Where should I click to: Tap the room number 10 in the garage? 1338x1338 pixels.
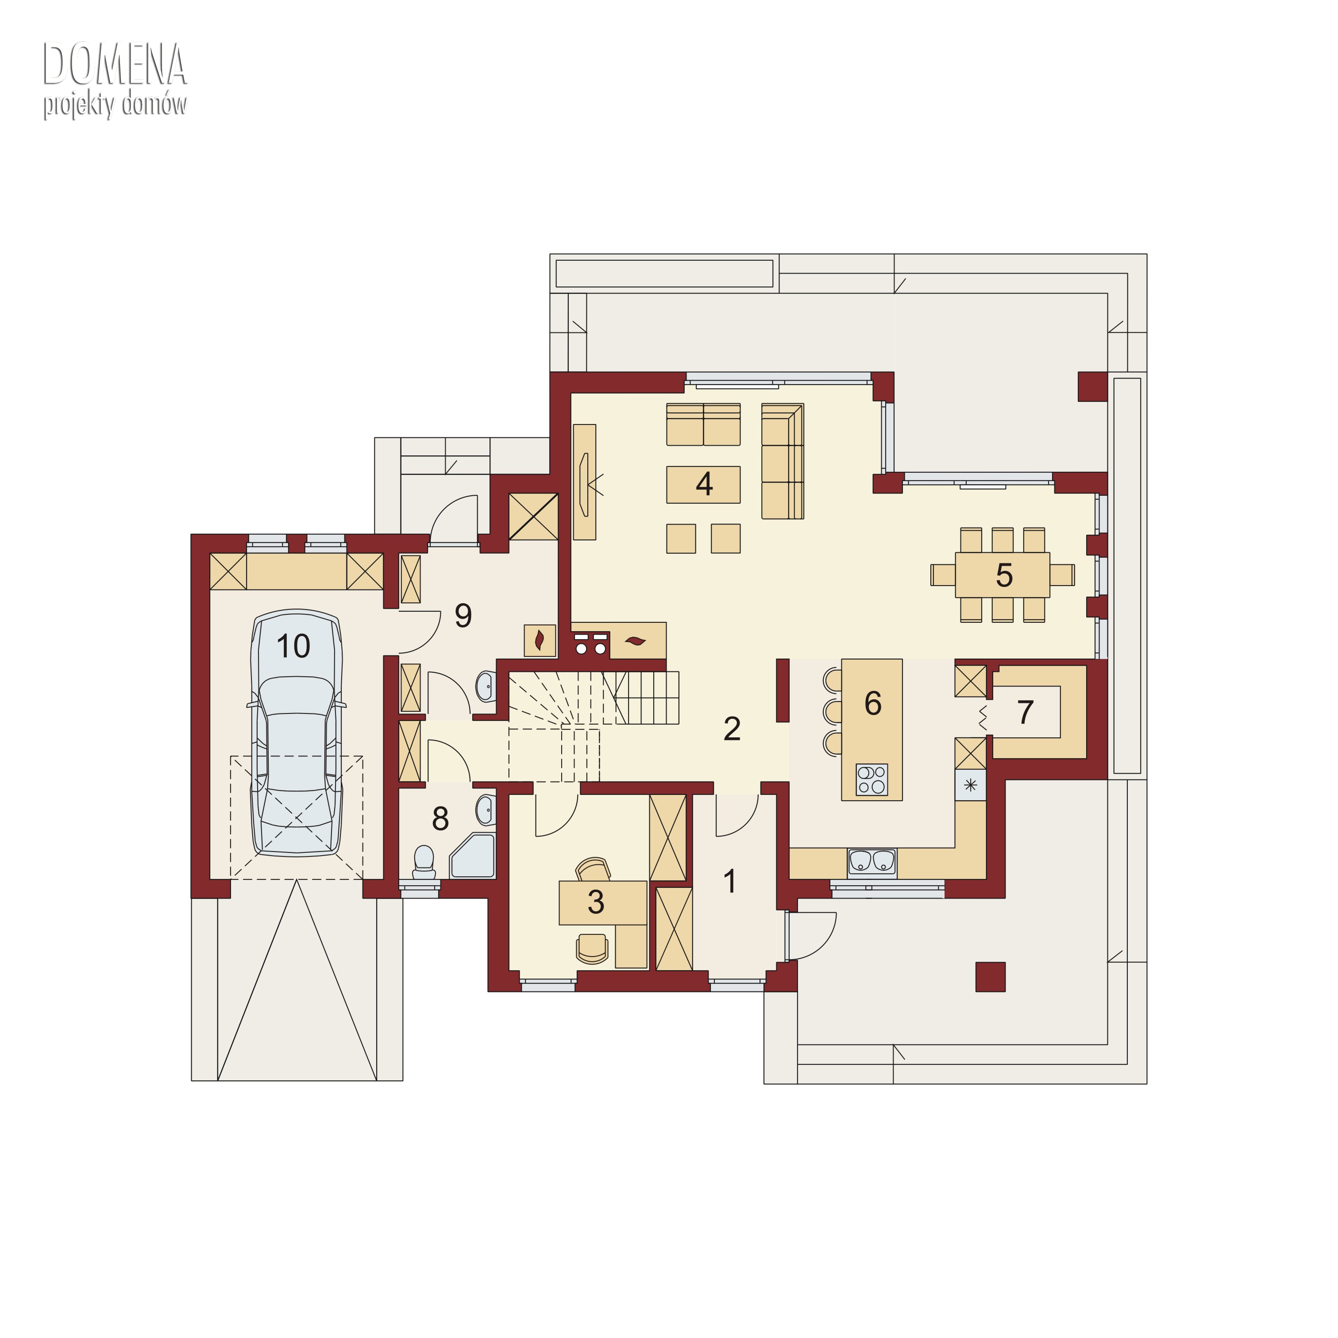(293, 647)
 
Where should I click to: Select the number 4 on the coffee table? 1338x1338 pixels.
(704, 484)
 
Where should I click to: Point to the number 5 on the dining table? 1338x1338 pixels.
(1004, 575)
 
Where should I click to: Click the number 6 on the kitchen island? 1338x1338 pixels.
(873, 703)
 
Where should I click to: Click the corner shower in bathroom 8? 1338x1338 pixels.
(473, 856)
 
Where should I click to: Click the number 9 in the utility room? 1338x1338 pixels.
(463, 615)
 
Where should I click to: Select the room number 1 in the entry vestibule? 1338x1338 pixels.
(729, 882)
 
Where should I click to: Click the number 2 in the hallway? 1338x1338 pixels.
(732, 729)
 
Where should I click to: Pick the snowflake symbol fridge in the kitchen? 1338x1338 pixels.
(970, 785)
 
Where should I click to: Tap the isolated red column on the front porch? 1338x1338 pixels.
(991, 976)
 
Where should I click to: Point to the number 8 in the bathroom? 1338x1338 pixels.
(440, 819)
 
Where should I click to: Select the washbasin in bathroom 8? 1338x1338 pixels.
(486, 809)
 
